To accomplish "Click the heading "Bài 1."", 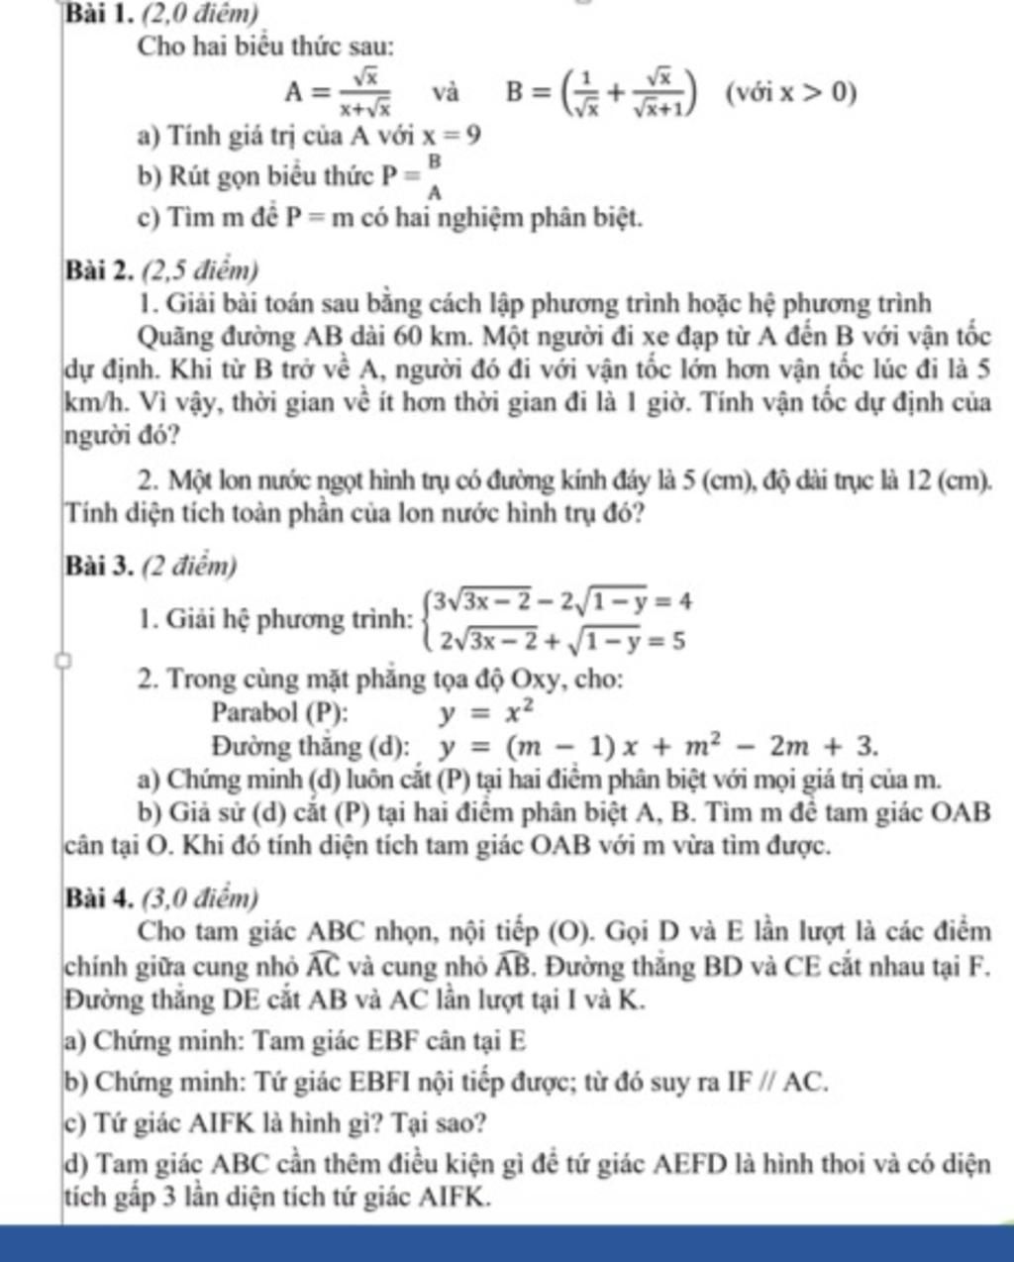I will pos(103,14).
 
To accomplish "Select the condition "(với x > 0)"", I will pos(788,93).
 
